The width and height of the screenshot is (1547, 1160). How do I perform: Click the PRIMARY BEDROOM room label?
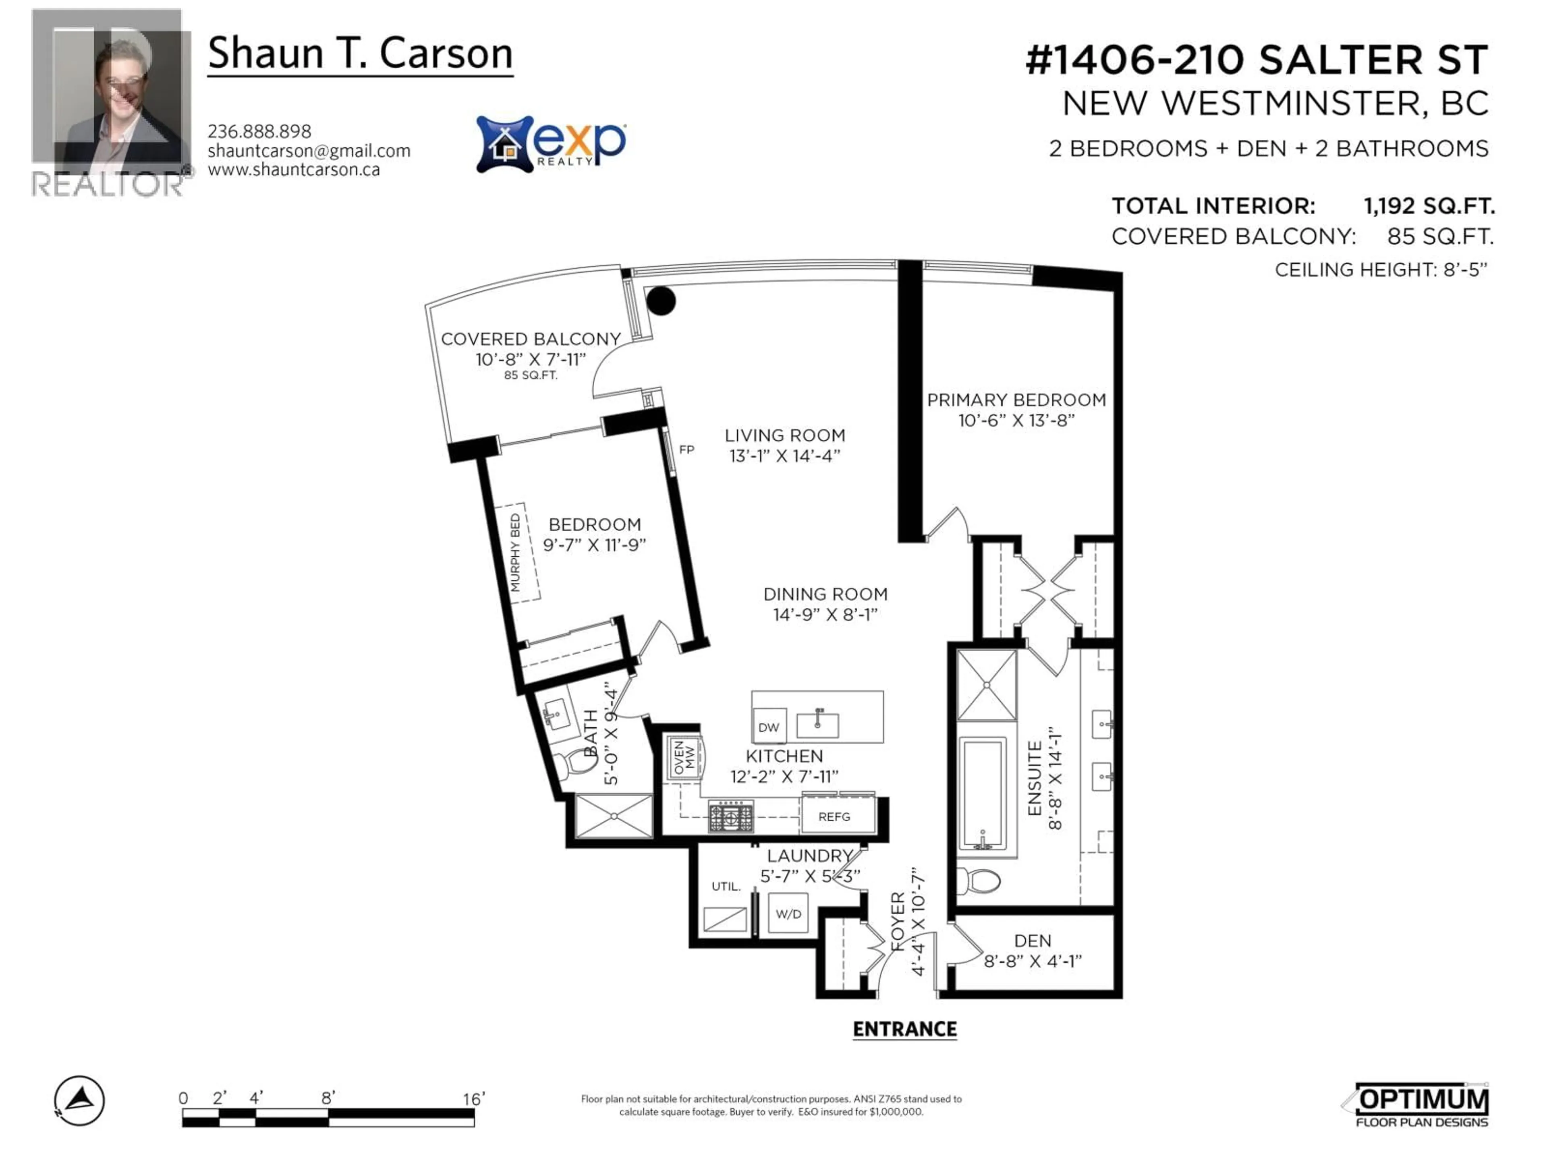(1016, 400)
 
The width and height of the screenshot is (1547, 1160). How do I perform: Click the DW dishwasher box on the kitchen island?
(769, 727)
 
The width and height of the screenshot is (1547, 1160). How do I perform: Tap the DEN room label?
(1032, 941)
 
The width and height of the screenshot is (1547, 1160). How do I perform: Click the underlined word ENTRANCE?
(904, 1029)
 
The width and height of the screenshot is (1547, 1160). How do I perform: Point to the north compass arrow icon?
(80, 1100)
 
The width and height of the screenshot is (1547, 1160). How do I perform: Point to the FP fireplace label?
(686, 449)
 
